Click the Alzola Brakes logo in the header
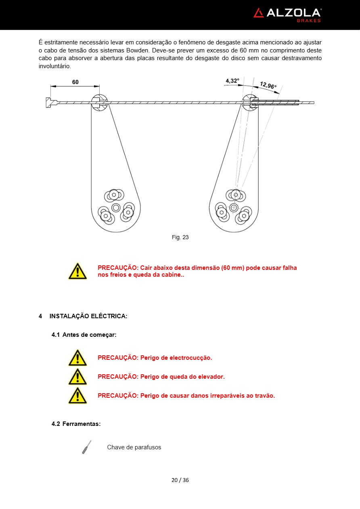(287, 15)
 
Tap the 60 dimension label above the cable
(75, 82)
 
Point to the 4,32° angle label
(232, 81)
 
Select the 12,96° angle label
(268, 86)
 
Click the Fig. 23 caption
(180, 237)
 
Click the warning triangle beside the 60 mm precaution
(77, 271)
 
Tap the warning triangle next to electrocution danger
(77, 358)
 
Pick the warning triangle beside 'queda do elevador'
(77, 377)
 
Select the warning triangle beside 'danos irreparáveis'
(77, 396)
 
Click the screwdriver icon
(86, 447)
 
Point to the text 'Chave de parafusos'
(134, 447)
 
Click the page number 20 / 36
(180, 480)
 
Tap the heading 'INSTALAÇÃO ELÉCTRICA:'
(88, 316)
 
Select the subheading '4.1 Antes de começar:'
(84, 335)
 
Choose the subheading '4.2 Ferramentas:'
(76, 424)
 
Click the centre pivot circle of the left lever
(116, 207)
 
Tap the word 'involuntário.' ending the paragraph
(54, 66)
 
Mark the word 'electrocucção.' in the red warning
(190, 358)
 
